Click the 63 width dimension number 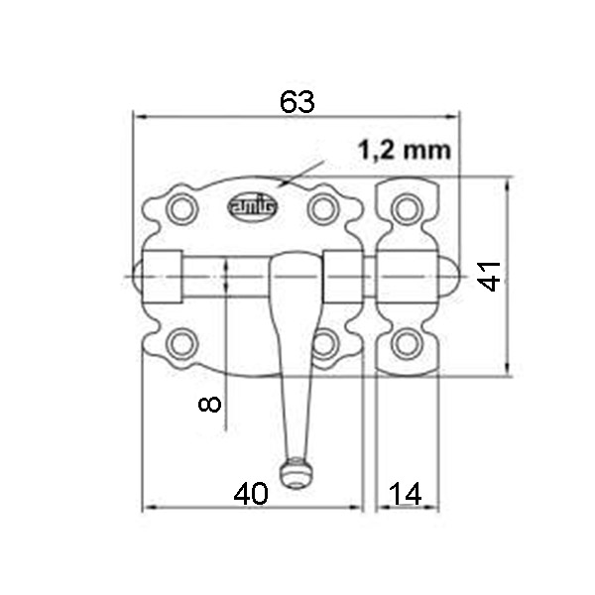pyautogui.click(x=297, y=102)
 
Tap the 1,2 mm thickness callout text pyautogui.click(x=405, y=150)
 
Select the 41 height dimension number pyautogui.click(x=490, y=276)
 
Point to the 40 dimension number pyautogui.click(x=251, y=494)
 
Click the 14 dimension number pyautogui.click(x=405, y=494)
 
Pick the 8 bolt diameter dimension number pyautogui.click(x=209, y=404)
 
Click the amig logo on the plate pyautogui.click(x=252, y=207)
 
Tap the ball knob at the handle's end pyautogui.click(x=297, y=472)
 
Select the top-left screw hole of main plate pyautogui.click(x=182, y=209)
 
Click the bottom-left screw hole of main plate pyautogui.click(x=182, y=344)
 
